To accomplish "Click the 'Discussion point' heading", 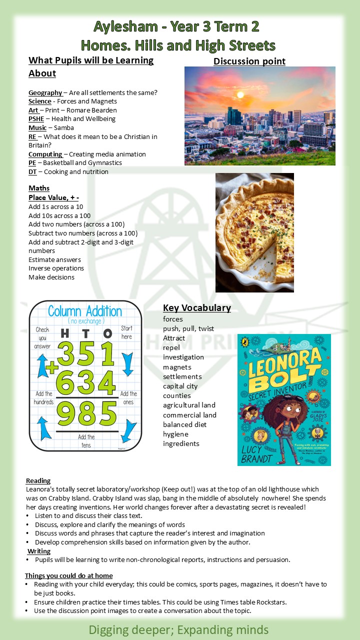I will (249, 61).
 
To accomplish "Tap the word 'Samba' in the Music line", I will (64, 127).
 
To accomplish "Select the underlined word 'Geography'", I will (45, 92).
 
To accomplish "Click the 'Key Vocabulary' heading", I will (196, 307).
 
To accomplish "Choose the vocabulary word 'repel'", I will (171, 347).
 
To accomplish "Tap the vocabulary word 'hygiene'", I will (175, 434).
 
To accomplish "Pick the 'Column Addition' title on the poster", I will (85, 311).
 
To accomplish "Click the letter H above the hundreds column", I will (64, 333).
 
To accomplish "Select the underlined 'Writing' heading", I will (39, 551).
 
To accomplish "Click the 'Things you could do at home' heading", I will (68, 575).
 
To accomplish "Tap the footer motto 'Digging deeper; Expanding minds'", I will (178, 629).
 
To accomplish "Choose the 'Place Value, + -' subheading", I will (53, 197).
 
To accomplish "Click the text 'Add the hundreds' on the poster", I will (43, 397).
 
